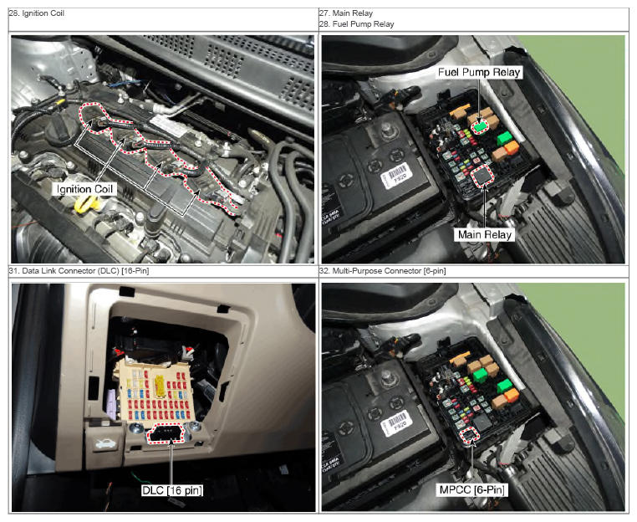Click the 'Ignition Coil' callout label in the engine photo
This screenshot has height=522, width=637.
[84, 189]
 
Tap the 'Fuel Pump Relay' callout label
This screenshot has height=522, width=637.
[479, 73]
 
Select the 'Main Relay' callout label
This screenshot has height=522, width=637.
[485, 234]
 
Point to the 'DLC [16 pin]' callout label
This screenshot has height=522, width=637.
[172, 490]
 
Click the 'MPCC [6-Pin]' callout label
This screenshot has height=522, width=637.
[472, 490]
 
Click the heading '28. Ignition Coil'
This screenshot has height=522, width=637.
[37, 13]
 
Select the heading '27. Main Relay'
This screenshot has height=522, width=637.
[346, 13]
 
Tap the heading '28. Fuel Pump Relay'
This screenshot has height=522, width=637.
[357, 24]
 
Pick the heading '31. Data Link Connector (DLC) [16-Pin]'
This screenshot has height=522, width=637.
[79, 271]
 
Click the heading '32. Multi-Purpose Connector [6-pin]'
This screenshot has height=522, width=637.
[383, 271]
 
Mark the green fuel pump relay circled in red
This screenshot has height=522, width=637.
[481, 126]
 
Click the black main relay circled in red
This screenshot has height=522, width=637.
[483, 176]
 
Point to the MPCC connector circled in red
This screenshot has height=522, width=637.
[471, 436]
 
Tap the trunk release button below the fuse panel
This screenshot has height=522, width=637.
[104, 444]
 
